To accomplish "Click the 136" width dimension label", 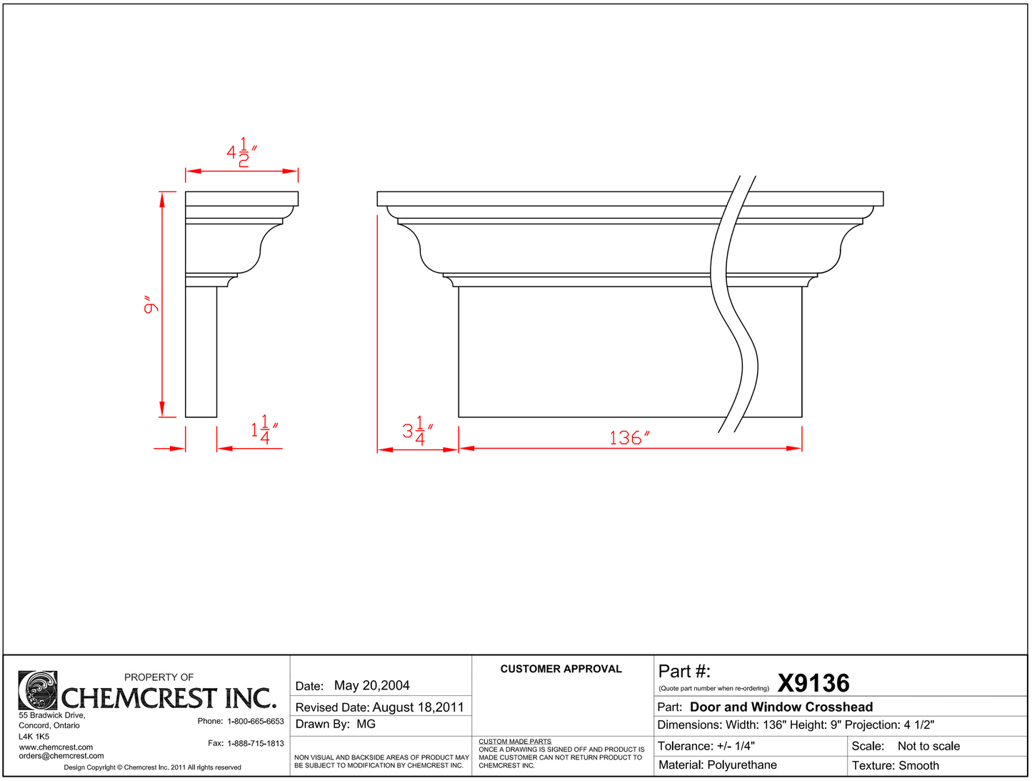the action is [629, 438].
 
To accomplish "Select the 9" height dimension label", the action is [151, 304].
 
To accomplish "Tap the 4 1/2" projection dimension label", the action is [241, 152].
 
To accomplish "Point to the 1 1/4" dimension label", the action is [264, 429].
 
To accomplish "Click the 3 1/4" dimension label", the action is [418, 430].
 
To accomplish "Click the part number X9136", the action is [813, 683].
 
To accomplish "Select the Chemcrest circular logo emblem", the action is [38, 690].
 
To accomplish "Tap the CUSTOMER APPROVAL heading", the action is [561, 669].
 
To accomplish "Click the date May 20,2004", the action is [372, 685].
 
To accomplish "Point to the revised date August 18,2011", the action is [418, 707].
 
